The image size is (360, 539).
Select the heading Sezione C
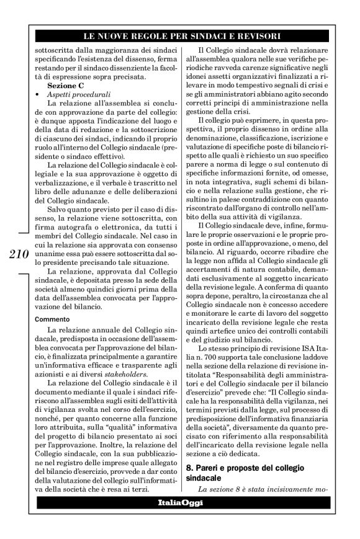[x=66, y=85]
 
